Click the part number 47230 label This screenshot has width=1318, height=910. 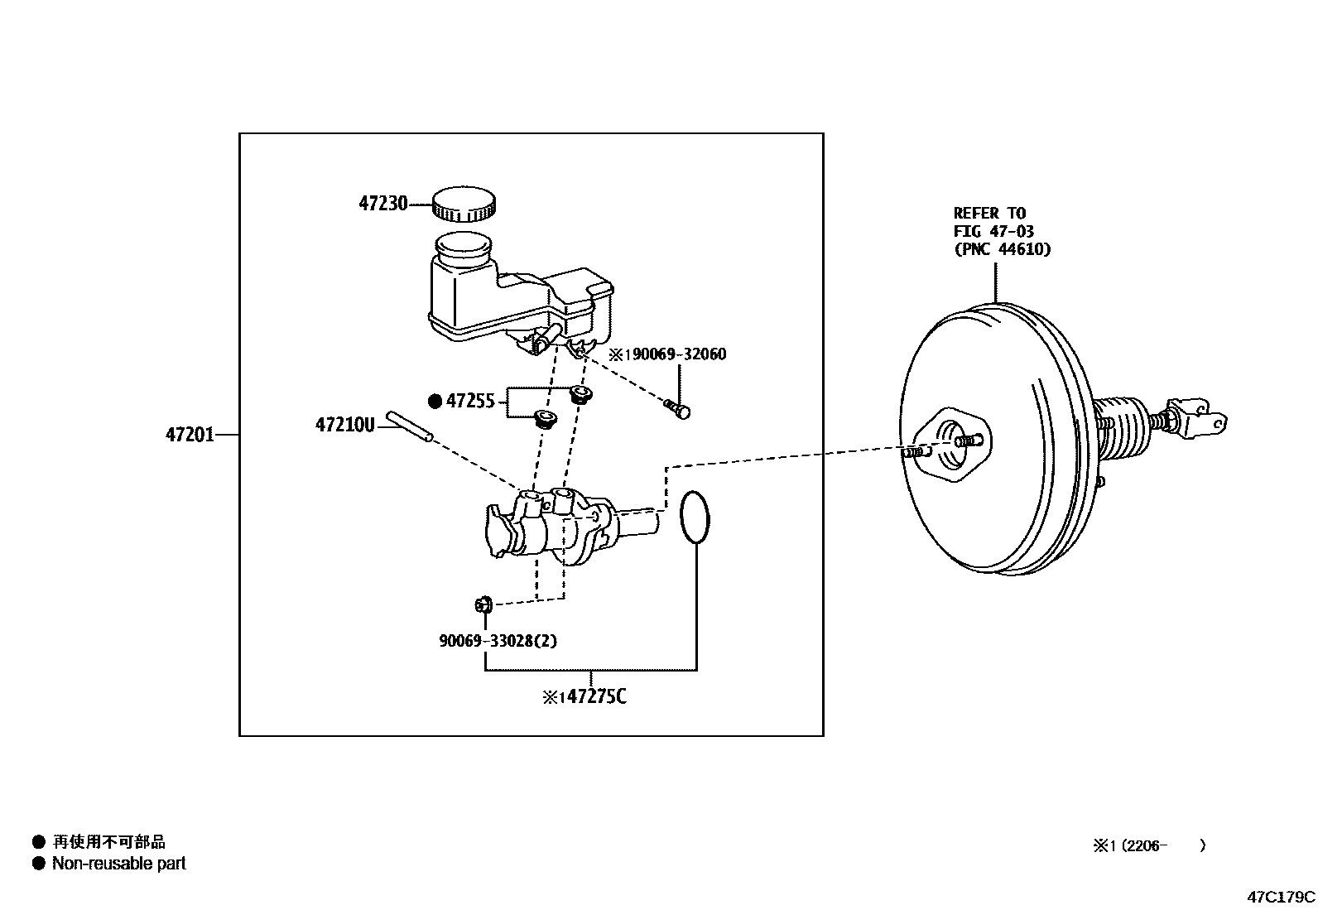click(x=382, y=203)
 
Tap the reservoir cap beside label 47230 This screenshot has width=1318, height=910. click(x=464, y=204)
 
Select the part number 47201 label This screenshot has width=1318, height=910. click(x=190, y=434)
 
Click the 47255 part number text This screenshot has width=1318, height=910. click(x=470, y=402)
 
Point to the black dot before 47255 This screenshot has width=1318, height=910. click(x=435, y=402)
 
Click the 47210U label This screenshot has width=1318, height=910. click(x=344, y=425)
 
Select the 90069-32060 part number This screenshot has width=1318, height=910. click(x=675, y=354)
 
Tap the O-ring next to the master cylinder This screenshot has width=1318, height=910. click(x=695, y=518)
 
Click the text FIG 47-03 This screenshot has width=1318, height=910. click(x=993, y=231)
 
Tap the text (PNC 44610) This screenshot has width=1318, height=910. click(x=1002, y=249)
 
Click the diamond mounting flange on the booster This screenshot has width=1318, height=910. click(x=952, y=444)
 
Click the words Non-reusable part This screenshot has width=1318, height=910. click(x=118, y=864)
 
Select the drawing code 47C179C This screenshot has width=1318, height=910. click(x=1281, y=896)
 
